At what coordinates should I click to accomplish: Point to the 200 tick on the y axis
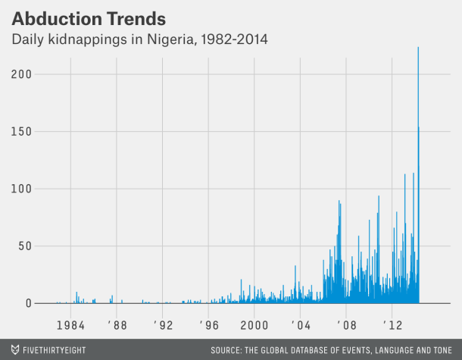click(x=20, y=74)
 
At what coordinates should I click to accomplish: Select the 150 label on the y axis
click(x=20, y=131)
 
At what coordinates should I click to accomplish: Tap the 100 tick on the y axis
click(x=20, y=189)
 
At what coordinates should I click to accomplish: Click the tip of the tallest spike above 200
click(x=418, y=48)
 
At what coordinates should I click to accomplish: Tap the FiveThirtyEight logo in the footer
click(x=48, y=349)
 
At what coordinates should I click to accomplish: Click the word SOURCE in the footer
click(x=233, y=349)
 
